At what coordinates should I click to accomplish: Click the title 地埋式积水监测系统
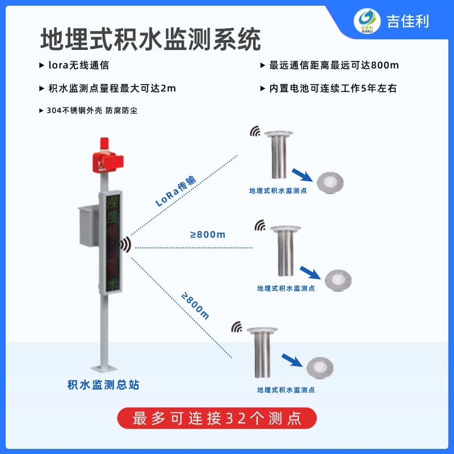pos(150,40)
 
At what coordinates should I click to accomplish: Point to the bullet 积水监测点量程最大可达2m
pos(108,89)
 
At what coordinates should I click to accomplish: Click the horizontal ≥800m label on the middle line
pos(208,234)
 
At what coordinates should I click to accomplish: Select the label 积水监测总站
pos(103,385)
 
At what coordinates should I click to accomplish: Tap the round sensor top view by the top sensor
pos(330,182)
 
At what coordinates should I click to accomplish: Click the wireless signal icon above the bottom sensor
pos(237,327)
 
